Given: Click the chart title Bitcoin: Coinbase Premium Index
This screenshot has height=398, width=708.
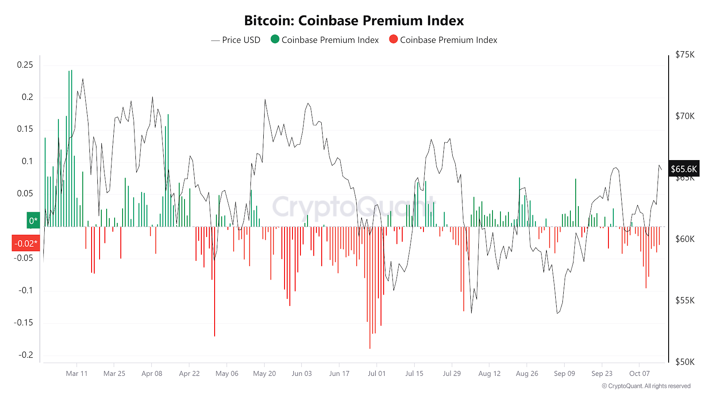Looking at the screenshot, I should click(x=354, y=20).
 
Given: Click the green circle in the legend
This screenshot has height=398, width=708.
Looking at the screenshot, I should click(x=275, y=39).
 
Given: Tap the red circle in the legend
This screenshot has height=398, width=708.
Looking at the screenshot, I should click(x=393, y=39).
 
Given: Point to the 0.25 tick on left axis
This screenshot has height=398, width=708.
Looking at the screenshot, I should click(x=25, y=65).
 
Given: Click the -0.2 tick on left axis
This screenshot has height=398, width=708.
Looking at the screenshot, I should click(x=26, y=355).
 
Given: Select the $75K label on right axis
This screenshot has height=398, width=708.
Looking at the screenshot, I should click(x=685, y=54).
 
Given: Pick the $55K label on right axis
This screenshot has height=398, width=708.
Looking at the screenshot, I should click(x=685, y=300).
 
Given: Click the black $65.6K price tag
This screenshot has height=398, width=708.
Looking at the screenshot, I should click(x=684, y=169).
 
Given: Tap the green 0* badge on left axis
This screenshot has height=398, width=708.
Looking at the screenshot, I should click(x=33, y=220).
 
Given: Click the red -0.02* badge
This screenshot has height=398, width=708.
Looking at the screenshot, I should click(x=26, y=243).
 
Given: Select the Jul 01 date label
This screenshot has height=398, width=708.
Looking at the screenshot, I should click(x=377, y=373).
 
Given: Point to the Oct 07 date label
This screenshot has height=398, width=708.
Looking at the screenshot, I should click(x=639, y=373).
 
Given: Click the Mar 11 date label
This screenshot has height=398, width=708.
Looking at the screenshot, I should click(x=77, y=373).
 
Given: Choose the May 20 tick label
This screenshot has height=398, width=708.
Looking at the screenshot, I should click(x=264, y=373).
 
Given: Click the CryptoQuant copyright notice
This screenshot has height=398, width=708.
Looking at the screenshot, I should click(x=646, y=386).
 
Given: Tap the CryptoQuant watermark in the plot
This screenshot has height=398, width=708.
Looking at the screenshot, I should click(x=354, y=207).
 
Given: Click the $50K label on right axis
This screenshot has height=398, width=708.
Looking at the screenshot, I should click(x=685, y=362).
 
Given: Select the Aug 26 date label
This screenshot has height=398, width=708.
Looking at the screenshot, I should click(x=527, y=373).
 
